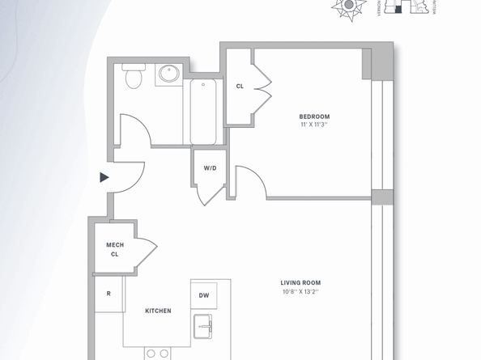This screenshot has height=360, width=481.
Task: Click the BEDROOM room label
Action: (x=314, y=116)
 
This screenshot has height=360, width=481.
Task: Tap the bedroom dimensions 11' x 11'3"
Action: (x=314, y=125)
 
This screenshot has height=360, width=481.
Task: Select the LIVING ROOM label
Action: (x=300, y=283)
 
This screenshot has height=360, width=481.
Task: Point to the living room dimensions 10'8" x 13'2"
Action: (x=300, y=291)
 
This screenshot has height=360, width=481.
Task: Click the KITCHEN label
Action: (x=158, y=311)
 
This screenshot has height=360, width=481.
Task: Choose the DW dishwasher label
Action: (x=204, y=295)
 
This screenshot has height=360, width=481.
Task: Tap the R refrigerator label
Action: (x=109, y=294)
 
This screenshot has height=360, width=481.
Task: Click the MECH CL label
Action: (x=114, y=249)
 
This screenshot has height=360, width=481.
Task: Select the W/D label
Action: (x=210, y=168)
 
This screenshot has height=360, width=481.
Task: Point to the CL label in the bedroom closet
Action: (x=240, y=87)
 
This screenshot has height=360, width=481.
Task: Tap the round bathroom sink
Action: (x=169, y=74)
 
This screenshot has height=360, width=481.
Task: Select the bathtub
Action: (x=203, y=112)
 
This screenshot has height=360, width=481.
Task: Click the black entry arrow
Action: (x=104, y=177)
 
